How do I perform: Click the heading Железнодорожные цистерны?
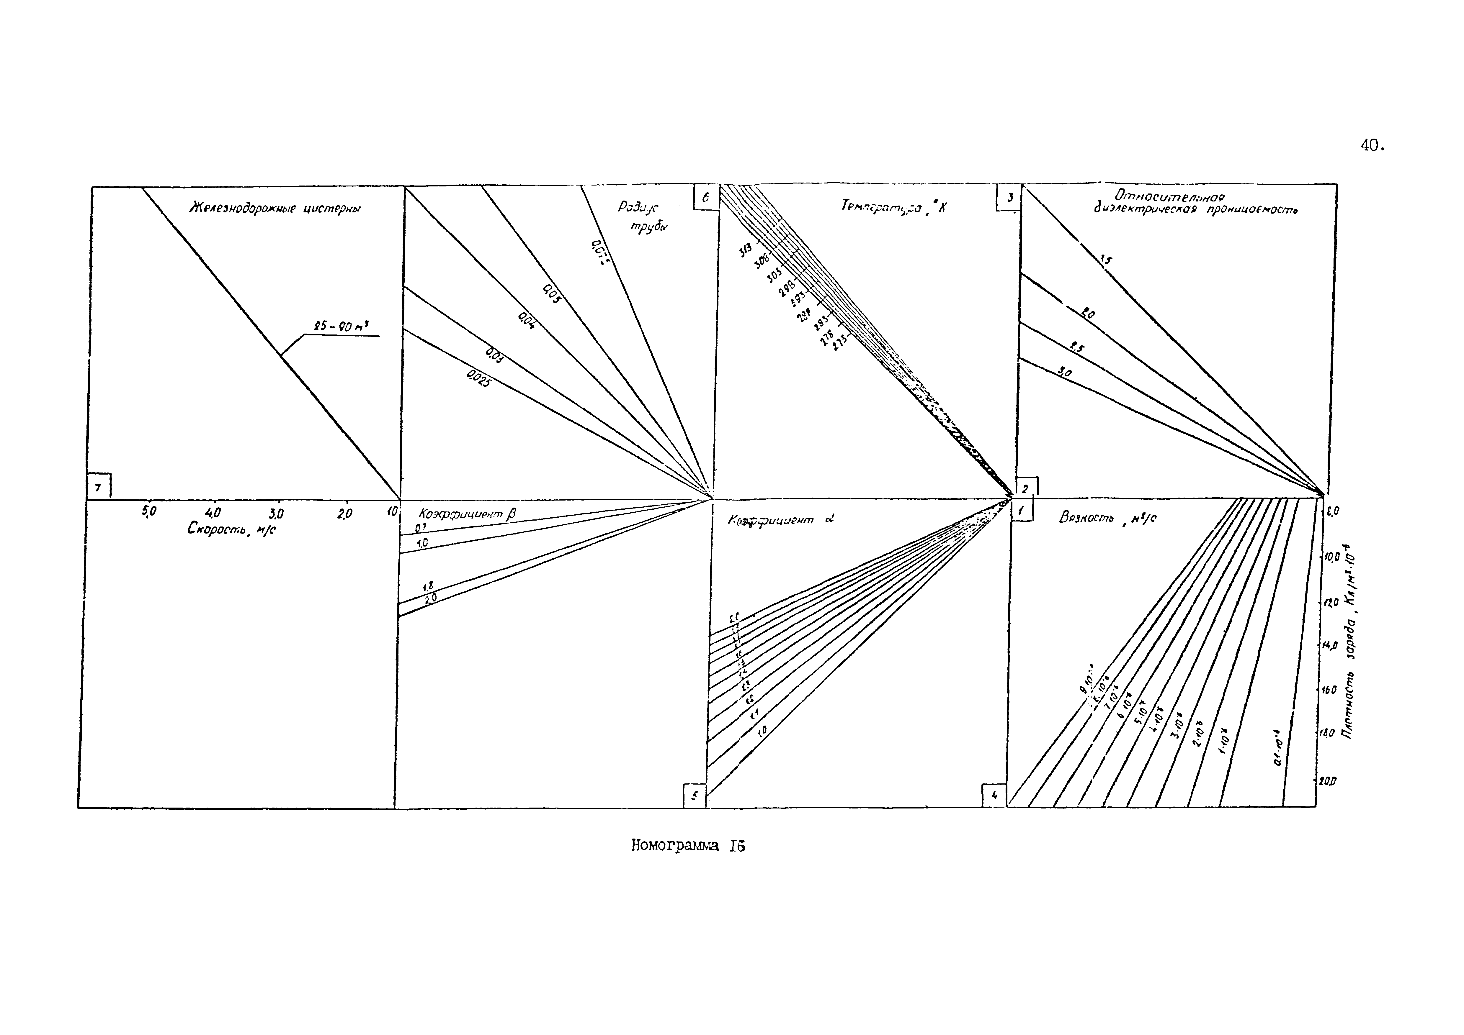click(275, 209)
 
